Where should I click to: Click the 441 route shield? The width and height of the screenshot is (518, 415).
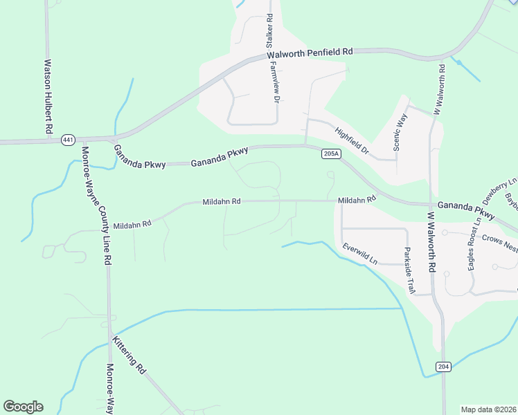tap(67, 140)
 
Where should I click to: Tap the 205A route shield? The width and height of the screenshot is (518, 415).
tap(331, 154)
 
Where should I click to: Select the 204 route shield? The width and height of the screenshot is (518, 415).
tap(444, 365)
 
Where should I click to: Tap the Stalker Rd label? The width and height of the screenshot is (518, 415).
tap(269, 31)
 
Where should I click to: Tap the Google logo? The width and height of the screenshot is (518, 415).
tap(23, 407)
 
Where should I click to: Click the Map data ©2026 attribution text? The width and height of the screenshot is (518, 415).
tap(489, 409)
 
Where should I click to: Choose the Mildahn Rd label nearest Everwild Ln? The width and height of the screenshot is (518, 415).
tap(356, 199)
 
